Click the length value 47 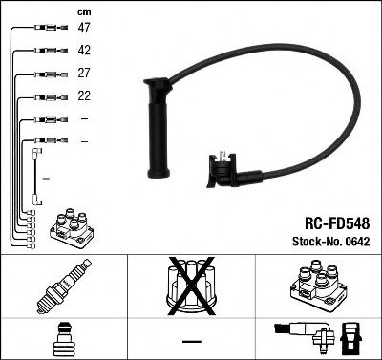tap(84, 29)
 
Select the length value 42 tap(84, 51)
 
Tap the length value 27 tap(84, 74)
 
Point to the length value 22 tap(84, 96)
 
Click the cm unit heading tap(83, 11)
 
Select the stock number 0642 tap(354, 240)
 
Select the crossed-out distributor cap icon tap(190, 285)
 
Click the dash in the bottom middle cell tap(190, 341)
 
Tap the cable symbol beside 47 tap(47, 30)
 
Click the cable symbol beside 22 tap(47, 96)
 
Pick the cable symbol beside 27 tap(47, 74)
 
